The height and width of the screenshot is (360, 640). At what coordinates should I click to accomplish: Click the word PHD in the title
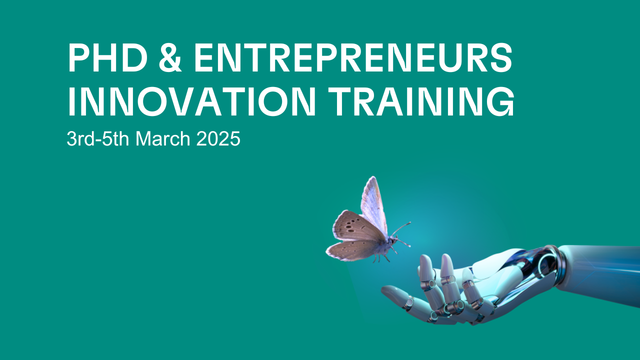(107, 57)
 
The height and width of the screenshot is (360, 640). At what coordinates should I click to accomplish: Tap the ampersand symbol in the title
(170, 57)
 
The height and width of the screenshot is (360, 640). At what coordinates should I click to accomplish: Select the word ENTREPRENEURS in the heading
(353, 57)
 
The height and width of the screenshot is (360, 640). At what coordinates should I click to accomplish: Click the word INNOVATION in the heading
(191, 101)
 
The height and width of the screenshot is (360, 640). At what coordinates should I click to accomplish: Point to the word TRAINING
(421, 101)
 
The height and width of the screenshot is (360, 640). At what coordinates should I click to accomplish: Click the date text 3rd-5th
(97, 139)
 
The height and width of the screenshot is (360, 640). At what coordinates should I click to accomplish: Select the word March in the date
(163, 139)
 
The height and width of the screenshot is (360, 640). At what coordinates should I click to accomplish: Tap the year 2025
(218, 139)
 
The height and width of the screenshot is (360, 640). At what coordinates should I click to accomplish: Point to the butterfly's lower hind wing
(353, 250)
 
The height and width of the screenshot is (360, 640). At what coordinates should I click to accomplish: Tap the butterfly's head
(393, 241)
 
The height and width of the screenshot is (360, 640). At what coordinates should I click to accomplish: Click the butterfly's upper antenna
(401, 229)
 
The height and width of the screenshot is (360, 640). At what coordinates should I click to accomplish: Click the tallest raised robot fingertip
(446, 260)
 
